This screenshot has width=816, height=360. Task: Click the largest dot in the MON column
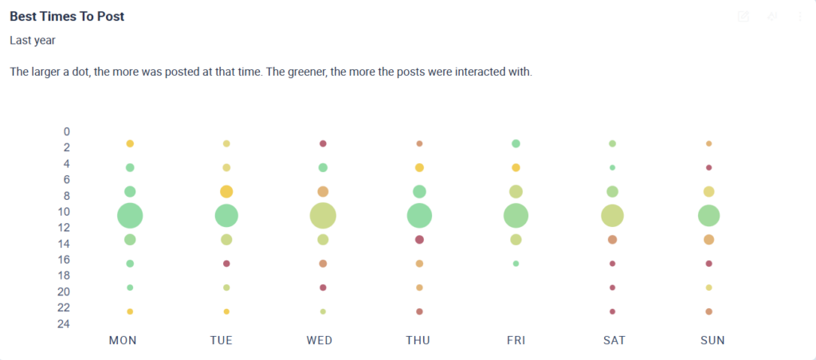point(130,216)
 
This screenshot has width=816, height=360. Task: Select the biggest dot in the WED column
point(323,216)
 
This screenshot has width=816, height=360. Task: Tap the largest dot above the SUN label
point(708,216)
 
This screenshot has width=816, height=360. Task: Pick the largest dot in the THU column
point(419,216)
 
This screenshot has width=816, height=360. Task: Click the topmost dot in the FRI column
point(516,143)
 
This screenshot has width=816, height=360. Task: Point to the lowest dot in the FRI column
point(516,264)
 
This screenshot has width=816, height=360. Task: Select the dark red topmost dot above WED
point(323,143)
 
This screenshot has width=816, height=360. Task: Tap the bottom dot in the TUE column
point(226,311)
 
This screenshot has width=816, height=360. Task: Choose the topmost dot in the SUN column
point(708,143)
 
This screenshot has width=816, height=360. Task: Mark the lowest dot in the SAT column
point(612,311)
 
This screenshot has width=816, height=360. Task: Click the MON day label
point(123,340)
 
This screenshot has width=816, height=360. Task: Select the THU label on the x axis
point(418,340)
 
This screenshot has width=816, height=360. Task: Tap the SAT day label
point(614,340)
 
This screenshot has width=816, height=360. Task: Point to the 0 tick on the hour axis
point(67,131)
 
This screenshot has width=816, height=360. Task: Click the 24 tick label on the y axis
point(64,324)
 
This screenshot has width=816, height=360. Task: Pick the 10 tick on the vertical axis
point(64,212)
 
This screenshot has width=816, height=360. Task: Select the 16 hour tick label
point(64,260)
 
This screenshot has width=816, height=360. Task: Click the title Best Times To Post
point(67,16)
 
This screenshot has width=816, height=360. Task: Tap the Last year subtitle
point(33,40)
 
